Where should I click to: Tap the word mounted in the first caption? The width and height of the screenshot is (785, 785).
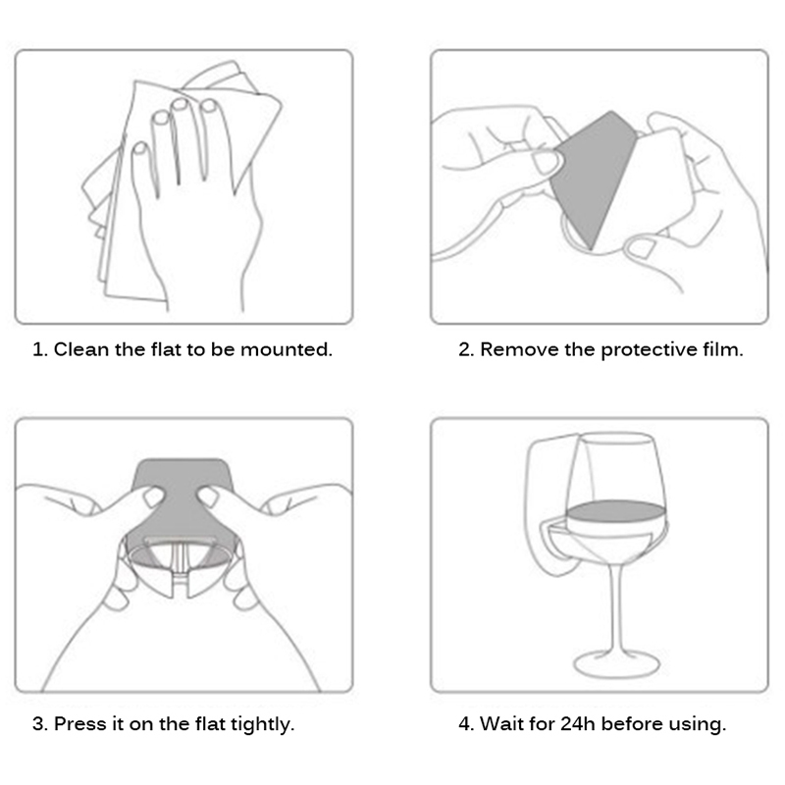coord(286,349)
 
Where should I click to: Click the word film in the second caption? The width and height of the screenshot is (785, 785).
coord(722,349)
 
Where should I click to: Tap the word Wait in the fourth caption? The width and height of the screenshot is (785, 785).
coord(500,724)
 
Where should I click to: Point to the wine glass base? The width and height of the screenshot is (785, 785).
coord(617,664)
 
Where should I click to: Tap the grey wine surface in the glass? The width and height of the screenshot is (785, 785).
coord(616,511)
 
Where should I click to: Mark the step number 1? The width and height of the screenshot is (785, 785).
coord(39,349)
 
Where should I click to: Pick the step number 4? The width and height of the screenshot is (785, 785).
coord(465,724)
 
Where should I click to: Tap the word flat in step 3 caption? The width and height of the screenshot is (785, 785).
coord(210,724)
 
